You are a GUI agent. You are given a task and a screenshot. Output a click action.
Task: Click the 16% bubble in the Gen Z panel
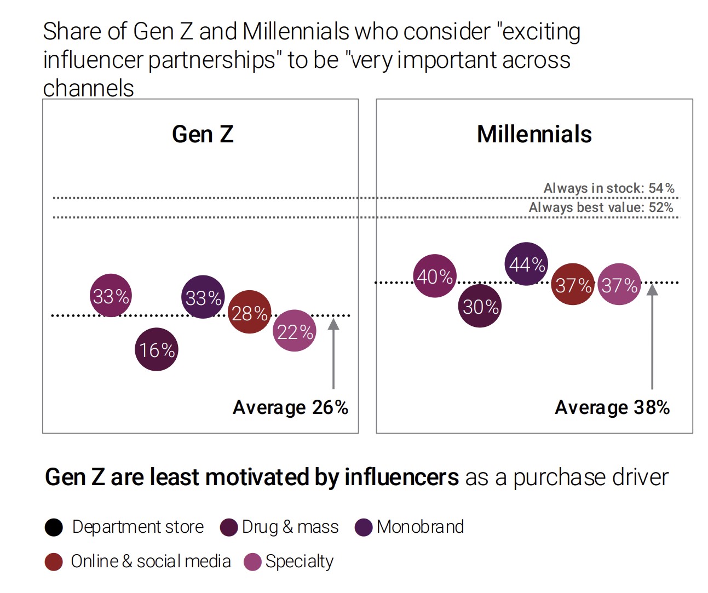pos(157,349)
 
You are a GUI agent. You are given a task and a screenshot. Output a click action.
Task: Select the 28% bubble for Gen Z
pos(249,313)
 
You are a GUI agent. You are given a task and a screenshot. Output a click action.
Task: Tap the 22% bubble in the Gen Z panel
pos(295,331)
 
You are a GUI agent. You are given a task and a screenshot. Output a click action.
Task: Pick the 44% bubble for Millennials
pos(526,264)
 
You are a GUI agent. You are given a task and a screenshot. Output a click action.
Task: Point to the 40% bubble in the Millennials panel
pos(435,276)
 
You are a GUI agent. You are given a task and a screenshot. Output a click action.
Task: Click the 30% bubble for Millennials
pos(480,306)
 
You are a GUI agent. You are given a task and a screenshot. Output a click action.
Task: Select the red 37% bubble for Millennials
pos(573,284)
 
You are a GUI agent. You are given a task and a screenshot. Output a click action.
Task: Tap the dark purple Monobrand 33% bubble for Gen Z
pos(203,297)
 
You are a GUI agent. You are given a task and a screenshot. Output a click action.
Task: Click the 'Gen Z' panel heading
pos(203,134)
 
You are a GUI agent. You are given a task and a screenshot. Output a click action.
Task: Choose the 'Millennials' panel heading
pos(534,134)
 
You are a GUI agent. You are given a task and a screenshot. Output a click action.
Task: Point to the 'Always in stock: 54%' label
pos(608,188)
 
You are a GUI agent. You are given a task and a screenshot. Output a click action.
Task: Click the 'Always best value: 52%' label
pos(601,208)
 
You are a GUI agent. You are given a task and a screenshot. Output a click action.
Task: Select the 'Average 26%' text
pos(290,407)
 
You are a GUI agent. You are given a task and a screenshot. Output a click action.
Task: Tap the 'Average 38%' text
pos(612,407)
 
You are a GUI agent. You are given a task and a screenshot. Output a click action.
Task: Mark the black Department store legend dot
pos(54,527)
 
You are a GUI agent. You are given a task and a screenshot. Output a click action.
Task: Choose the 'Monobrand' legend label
pos(420,527)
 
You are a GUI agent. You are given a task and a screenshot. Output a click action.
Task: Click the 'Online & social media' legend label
pos(151,561)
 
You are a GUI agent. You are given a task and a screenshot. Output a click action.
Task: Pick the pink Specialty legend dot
pos(252,562)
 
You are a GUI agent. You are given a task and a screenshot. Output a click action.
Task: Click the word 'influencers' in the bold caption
pos(401,477)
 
